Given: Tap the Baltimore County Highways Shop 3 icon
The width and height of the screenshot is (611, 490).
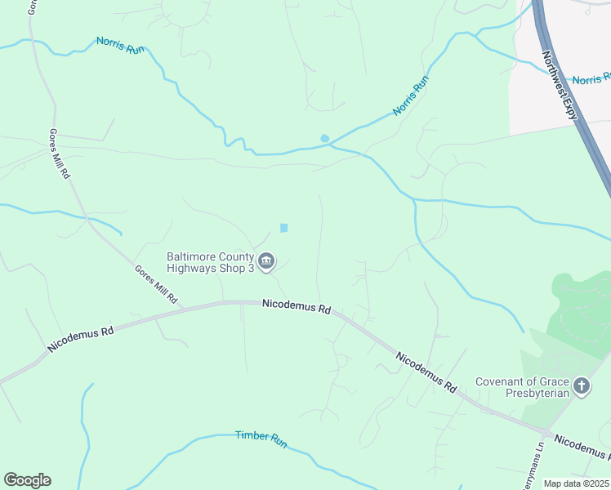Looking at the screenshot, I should click(267, 261).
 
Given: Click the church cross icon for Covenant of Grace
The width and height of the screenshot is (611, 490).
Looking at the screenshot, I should click(582, 385).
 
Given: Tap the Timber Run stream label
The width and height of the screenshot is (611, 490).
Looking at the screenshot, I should click(261, 439).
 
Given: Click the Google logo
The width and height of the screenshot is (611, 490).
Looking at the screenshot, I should click(27, 480).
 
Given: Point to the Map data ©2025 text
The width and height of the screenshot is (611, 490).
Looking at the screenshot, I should click(576, 483).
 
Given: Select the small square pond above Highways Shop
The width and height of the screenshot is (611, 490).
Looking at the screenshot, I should click(284, 228).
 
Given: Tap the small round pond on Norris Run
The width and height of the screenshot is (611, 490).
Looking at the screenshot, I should click(325, 138).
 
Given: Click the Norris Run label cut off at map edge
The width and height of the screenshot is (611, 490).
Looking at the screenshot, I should click(591, 79).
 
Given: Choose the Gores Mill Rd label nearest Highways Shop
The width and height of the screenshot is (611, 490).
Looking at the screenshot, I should click(156, 284).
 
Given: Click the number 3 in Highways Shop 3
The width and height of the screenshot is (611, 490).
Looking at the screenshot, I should click(252, 267).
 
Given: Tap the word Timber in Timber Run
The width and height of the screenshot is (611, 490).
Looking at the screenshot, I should click(251, 436).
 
